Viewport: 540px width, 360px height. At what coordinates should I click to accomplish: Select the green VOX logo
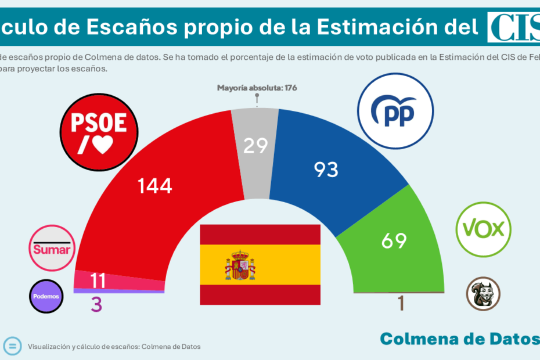point(483,229)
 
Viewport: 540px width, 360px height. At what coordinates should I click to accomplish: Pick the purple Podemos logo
point(46,296)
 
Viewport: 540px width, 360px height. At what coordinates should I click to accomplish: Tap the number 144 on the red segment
point(155,186)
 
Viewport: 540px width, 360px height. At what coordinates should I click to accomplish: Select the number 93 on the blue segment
point(326,170)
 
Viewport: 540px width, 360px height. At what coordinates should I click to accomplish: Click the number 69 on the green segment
point(393,240)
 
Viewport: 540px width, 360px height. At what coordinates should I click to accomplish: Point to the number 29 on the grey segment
point(255,146)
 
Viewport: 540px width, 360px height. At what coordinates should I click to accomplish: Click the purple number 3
point(96,304)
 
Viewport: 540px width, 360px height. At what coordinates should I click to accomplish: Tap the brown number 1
point(400,304)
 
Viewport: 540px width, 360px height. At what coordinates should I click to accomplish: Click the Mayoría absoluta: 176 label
point(257,88)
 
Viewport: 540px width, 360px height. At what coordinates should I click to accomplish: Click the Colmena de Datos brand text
point(459,339)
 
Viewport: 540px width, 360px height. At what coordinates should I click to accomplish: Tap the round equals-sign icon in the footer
point(12,345)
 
